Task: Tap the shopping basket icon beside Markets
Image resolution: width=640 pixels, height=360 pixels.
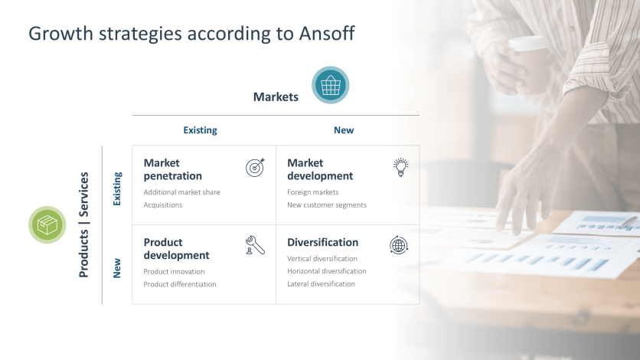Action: [x=330, y=85]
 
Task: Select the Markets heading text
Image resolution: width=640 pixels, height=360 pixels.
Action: [x=276, y=97]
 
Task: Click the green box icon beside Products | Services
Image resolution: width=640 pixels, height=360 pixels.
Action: [x=47, y=225]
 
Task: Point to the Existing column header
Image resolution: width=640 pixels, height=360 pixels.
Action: [x=200, y=130]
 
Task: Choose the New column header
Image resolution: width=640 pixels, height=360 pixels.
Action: [x=344, y=130]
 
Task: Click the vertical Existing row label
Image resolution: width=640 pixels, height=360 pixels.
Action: [x=117, y=188]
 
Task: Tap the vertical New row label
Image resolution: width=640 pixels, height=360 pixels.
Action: [x=117, y=267]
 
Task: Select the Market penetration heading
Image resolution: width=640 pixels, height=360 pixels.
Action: [x=173, y=169]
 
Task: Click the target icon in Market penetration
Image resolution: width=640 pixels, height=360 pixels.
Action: [x=255, y=168]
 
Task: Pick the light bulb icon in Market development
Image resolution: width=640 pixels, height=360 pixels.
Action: [x=400, y=167]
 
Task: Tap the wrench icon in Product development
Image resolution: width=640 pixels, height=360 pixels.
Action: [x=255, y=245]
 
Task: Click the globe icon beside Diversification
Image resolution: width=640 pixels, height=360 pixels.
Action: [x=399, y=245]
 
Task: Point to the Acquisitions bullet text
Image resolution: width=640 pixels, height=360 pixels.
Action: [x=163, y=205]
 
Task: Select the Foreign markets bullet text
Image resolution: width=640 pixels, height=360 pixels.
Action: [x=312, y=192]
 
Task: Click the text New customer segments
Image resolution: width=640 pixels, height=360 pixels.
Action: [x=327, y=205]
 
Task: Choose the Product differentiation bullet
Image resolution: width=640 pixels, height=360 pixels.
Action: [x=180, y=284]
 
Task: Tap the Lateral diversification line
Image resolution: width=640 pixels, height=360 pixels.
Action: [x=321, y=284]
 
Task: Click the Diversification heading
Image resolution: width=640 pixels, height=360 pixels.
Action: [x=322, y=243]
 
